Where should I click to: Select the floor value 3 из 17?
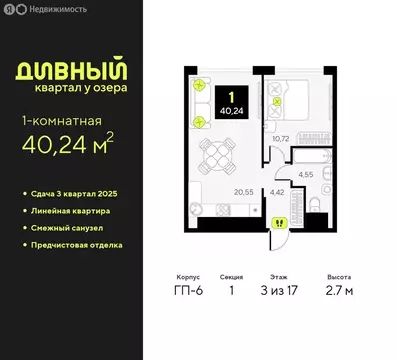pyautogui.click(x=287, y=293)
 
